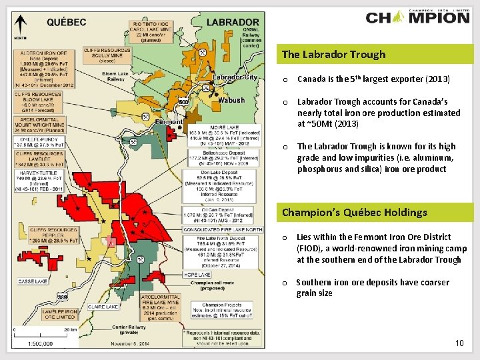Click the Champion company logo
(418, 17)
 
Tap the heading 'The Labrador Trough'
(333, 55)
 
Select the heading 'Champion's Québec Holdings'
(355, 213)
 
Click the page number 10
(459, 343)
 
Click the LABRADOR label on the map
(232, 22)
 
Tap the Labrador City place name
(235, 77)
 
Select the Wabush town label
(232, 101)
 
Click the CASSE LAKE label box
(33, 281)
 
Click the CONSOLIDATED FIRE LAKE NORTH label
(221, 230)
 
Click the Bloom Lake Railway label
(115, 77)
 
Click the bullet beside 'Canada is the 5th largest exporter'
(285, 80)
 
